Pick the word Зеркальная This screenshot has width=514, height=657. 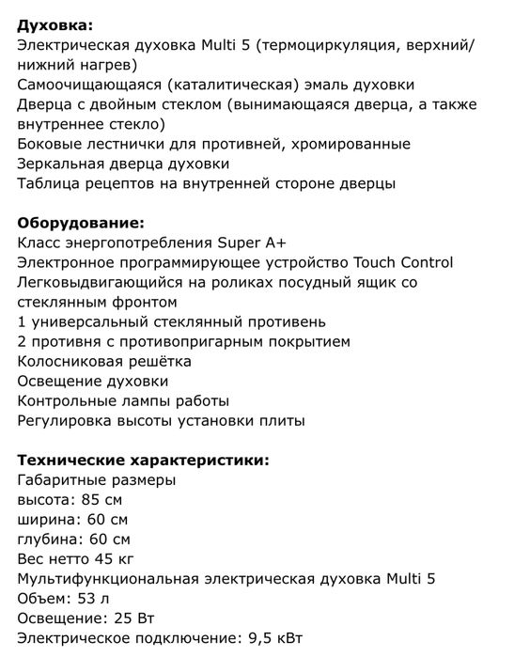click(60, 164)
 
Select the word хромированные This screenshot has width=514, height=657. click(353, 144)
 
